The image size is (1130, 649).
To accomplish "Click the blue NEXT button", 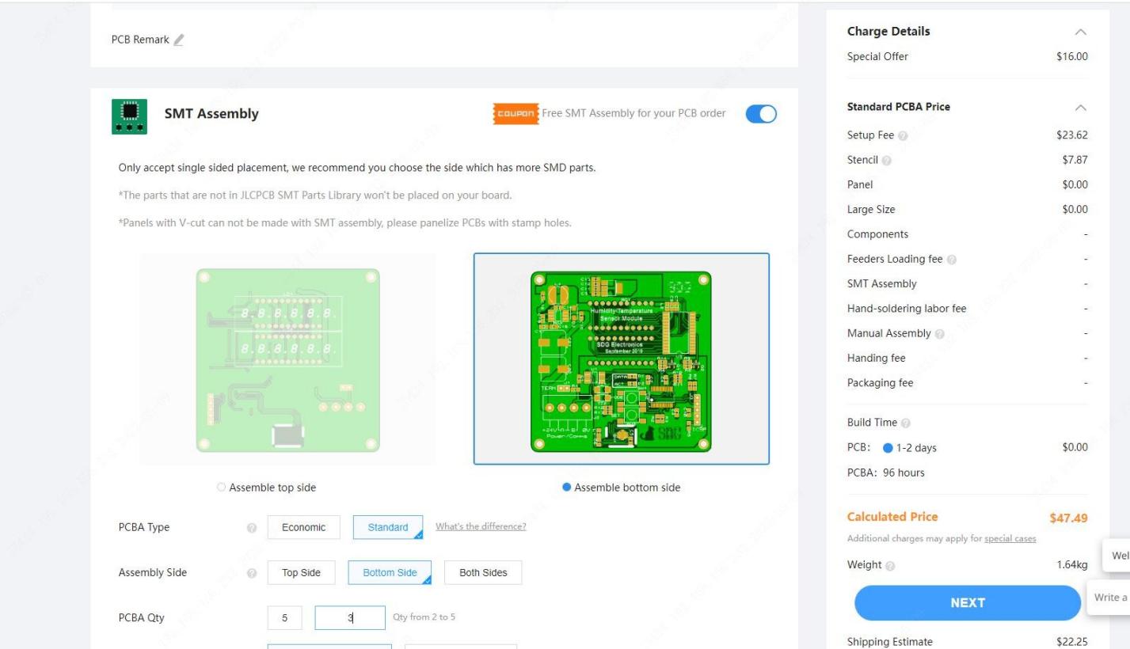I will [967, 602].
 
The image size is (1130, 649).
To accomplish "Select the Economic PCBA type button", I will [303, 528].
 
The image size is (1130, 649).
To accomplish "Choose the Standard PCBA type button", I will [388, 528].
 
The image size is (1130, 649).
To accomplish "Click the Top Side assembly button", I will [301, 573].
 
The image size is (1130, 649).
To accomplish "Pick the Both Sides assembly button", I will [483, 573].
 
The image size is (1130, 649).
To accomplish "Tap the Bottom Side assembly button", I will [390, 573].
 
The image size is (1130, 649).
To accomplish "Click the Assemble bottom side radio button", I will [566, 488].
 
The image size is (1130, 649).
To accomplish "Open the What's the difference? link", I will [481, 527].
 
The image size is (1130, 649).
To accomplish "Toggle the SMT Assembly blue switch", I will [762, 114].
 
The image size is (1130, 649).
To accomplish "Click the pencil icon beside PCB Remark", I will [179, 40].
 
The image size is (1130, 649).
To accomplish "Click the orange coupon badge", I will [516, 114].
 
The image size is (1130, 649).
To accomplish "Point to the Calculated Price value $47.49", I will [1068, 518].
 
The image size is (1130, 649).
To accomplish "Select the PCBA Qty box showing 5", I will [284, 619].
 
